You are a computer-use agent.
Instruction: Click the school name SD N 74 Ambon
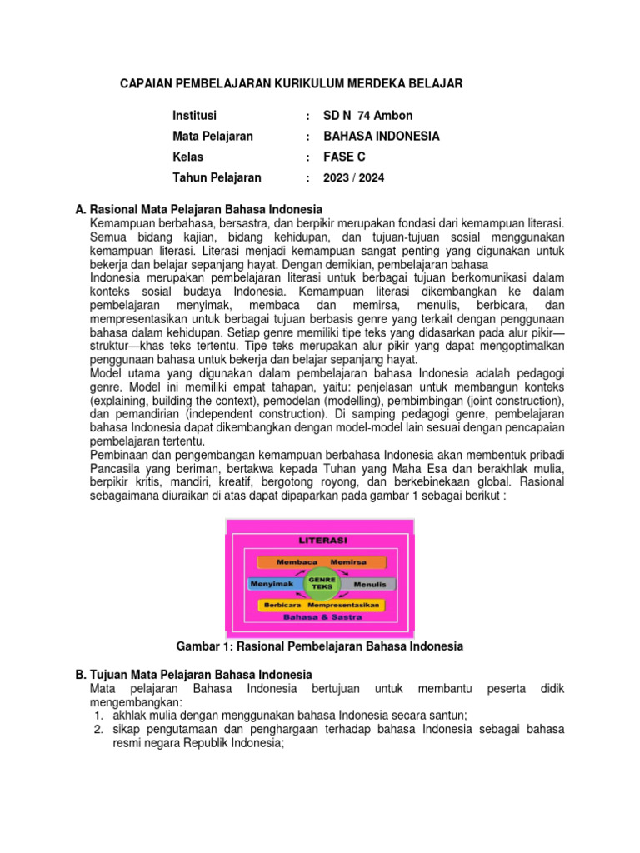[367, 116]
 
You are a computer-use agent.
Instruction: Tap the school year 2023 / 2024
[354, 177]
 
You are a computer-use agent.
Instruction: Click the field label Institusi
[194, 116]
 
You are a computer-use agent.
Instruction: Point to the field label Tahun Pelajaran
[217, 177]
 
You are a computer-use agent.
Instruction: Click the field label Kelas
[187, 157]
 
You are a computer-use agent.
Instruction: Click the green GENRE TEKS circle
[321, 583]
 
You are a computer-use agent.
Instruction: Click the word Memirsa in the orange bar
[348, 563]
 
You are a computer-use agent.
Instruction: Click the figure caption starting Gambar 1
[320, 646]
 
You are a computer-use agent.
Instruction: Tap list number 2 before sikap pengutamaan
[97, 729]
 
